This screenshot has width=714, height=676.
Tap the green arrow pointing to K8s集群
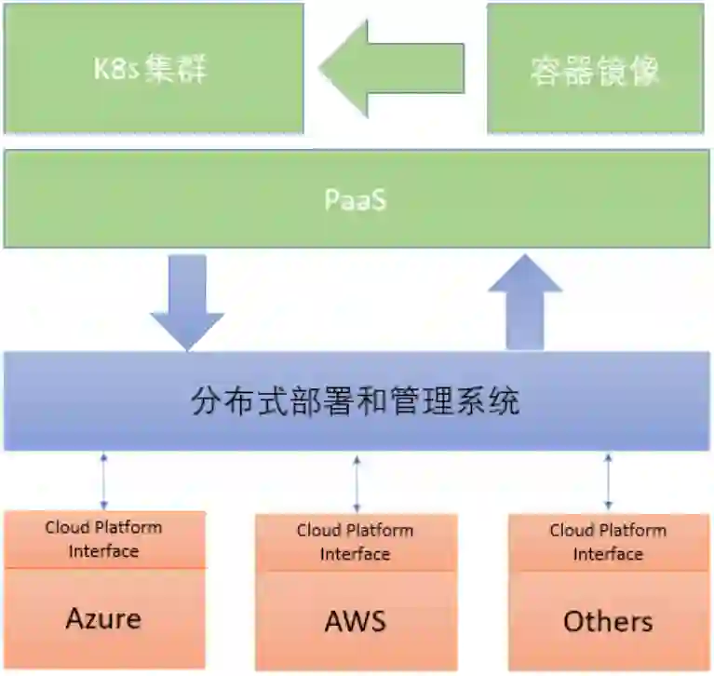tap(391, 69)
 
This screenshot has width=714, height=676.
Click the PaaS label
tap(356, 199)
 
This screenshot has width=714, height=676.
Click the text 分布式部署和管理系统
tap(356, 401)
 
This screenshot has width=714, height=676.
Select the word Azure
tap(103, 618)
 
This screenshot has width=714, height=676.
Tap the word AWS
tap(355, 621)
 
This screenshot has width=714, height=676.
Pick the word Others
tap(608, 621)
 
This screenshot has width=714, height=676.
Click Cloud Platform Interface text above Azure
tap(103, 539)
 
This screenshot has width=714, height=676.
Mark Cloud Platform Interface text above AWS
tap(355, 542)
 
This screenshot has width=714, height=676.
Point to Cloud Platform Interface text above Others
tap(608, 542)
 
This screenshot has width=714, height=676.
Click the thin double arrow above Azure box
tap(103, 480)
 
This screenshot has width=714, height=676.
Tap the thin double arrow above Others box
tap(608, 482)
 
